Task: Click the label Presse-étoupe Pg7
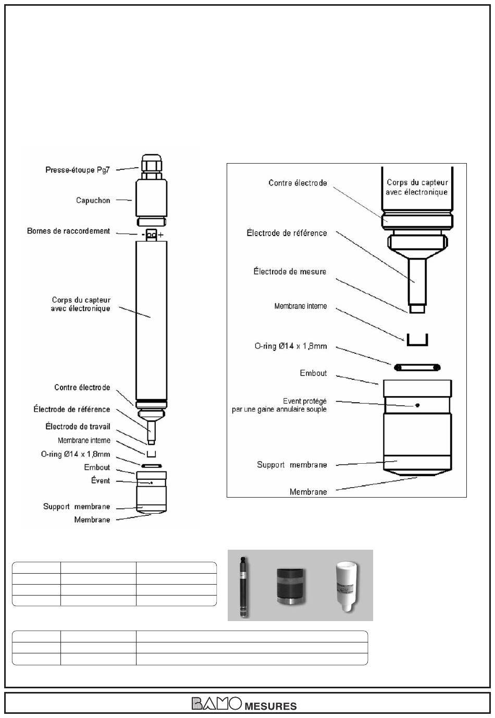tap(78, 170)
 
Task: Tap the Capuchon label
tap(93, 200)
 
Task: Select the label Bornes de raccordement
tap(68, 231)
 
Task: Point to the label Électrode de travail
tap(78, 426)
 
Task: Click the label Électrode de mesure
tap(290, 271)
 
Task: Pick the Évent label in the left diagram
tap(101, 480)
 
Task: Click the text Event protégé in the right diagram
tap(305, 401)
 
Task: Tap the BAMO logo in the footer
tap(216, 703)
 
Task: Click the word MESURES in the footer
tap(271, 706)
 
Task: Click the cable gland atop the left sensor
tap(151, 167)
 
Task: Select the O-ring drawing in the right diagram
tap(417, 367)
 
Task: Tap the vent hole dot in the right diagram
tap(417, 405)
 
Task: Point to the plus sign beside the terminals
tap(160, 234)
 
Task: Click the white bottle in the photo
tap(347, 587)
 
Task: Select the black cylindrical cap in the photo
tap(290, 586)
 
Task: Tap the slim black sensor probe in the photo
tap(244, 587)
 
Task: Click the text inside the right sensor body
tap(417, 187)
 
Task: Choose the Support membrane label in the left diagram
tap(77, 506)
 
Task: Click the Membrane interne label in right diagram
tap(301, 306)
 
